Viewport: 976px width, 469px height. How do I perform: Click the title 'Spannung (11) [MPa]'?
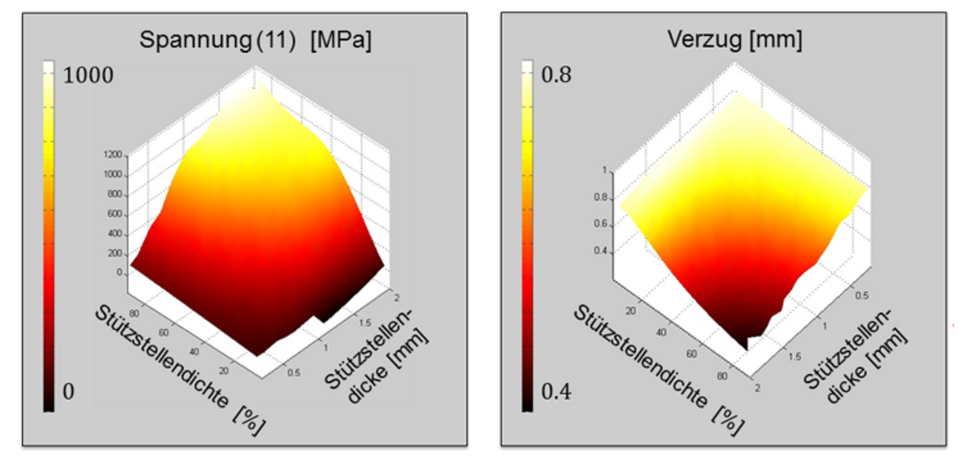pyautogui.click(x=255, y=40)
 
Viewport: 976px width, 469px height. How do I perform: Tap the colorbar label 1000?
pyautogui.click(x=89, y=76)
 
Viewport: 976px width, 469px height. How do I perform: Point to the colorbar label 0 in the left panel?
pyautogui.click(x=68, y=392)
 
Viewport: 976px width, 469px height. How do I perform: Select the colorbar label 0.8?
pyautogui.click(x=557, y=75)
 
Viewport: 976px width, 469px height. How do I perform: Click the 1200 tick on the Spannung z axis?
pyautogui.click(x=113, y=154)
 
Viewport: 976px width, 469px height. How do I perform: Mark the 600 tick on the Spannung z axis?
pyautogui.click(x=116, y=214)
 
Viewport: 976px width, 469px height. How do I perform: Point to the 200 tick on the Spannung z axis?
pyautogui.click(x=116, y=254)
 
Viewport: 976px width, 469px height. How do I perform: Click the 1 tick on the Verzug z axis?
pyautogui.click(x=604, y=171)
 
